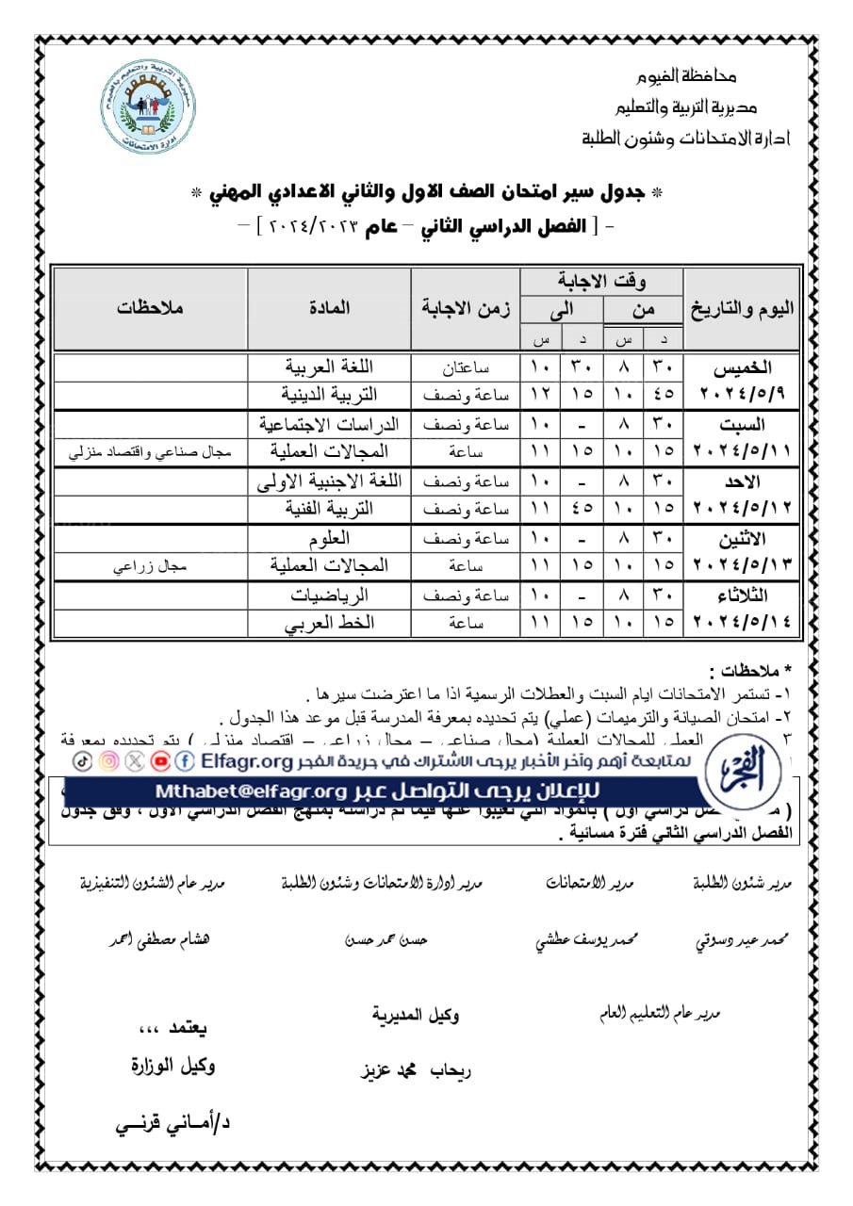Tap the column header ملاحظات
click(x=151, y=308)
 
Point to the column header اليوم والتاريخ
click(x=742, y=308)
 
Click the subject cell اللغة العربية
click(x=329, y=367)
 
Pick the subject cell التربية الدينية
click(x=329, y=394)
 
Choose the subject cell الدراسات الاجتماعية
click(x=329, y=424)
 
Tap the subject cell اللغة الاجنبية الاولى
click(x=329, y=481)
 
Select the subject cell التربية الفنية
click(x=329, y=509)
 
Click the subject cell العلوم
click(x=329, y=539)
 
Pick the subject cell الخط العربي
click(x=329, y=624)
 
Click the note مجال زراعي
click(x=151, y=566)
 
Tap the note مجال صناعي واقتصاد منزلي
click(x=151, y=451)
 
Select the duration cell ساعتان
click(x=466, y=367)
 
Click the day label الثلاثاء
click(x=742, y=595)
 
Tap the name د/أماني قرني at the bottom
click(x=172, y=1124)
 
